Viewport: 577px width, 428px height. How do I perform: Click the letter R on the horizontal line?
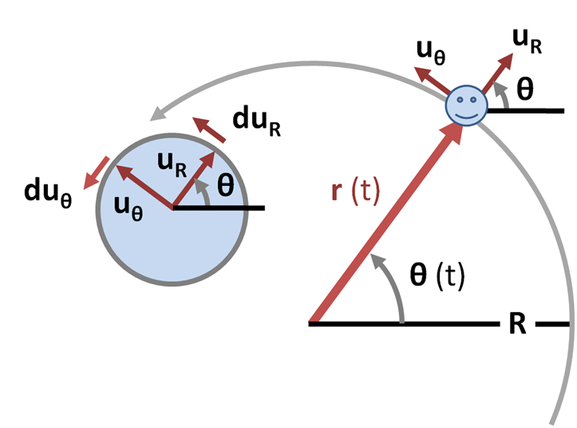[516, 325]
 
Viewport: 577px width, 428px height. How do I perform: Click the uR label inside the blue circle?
[172, 163]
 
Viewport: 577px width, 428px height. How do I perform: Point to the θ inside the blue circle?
[226, 185]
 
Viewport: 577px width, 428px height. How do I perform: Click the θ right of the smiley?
[524, 89]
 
